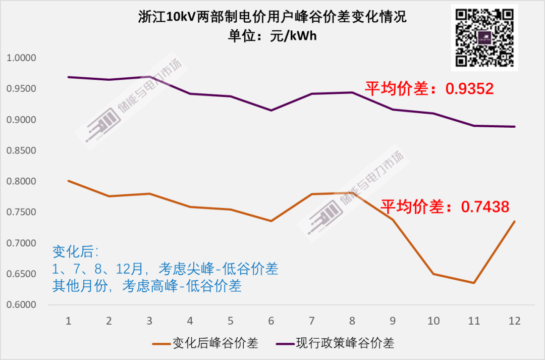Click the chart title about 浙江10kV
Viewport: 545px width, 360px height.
(272, 17)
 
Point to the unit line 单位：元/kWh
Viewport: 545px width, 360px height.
(272, 36)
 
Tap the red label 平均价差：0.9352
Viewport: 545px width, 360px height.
(429, 89)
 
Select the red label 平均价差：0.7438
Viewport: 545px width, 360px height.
(444, 207)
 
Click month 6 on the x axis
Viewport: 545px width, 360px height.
(271, 321)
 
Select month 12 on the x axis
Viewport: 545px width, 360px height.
(515, 321)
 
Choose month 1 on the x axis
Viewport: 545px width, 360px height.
(68, 321)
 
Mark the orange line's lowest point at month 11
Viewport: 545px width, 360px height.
(474, 283)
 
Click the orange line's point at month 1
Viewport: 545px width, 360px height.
(68, 181)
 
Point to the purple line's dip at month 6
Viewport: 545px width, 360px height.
(271, 110)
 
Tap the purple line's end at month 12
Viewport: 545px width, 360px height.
(515, 127)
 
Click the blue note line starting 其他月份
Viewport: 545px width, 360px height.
(147, 286)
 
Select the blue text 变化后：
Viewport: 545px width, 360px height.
(76, 251)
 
